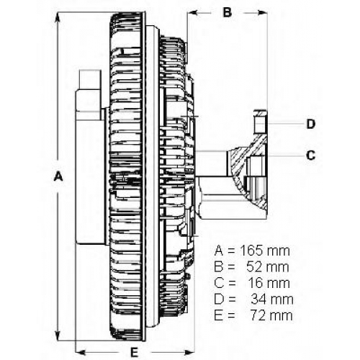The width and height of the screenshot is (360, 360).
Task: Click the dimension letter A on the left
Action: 58,176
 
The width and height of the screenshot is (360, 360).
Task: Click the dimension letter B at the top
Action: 228,12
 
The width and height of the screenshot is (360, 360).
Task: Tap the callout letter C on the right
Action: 311,156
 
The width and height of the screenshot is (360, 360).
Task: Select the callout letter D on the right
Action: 311,124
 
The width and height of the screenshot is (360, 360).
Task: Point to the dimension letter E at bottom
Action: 134,353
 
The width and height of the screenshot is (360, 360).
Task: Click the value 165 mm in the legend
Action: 265,251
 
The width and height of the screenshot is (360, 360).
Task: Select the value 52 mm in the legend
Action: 268,267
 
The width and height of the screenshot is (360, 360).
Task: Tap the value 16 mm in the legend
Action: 269,283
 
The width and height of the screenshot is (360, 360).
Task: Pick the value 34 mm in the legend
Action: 272,300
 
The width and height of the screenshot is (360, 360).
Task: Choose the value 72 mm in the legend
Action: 271,315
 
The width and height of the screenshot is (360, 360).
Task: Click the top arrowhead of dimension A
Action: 58,17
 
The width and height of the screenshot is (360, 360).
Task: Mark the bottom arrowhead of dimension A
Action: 58,336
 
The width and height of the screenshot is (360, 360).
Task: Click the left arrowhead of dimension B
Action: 192,12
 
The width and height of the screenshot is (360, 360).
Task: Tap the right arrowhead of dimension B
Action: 262,12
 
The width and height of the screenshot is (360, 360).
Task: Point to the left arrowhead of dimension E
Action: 81,352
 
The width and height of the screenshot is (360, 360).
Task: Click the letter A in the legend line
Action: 219,251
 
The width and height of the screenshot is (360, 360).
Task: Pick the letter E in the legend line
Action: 218,315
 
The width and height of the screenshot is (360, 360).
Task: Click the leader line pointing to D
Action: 285,124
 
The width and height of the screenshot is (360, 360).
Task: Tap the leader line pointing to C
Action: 285,156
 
